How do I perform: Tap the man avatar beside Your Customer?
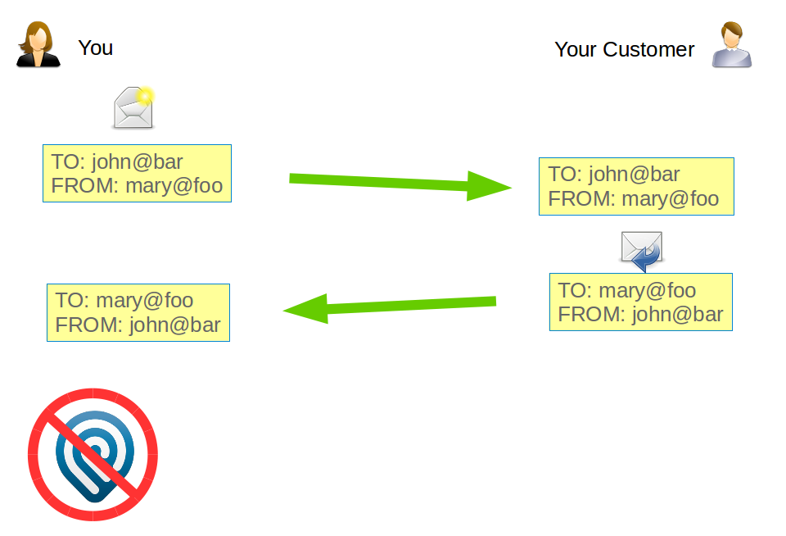[x=731, y=46]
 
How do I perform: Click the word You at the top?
[x=96, y=48]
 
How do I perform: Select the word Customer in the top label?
[x=648, y=49]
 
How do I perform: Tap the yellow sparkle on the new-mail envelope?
[x=146, y=96]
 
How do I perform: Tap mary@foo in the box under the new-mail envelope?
[x=174, y=185]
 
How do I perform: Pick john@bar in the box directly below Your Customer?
[x=635, y=174]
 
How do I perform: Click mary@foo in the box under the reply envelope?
[x=648, y=290]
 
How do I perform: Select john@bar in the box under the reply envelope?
[x=678, y=314]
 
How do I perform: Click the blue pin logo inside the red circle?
[x=92, y=456]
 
